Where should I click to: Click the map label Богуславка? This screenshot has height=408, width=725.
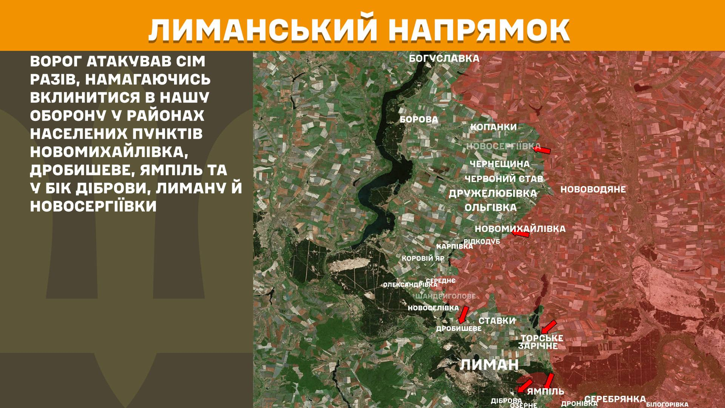click(x=444, y=59)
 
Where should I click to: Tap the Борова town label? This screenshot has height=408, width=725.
click(x=419, y=120)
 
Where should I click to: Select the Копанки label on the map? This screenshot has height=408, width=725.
click(x=493, y=127)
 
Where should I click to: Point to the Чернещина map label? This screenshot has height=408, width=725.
click(x=500, y=164)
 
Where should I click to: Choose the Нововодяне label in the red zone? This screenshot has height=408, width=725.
click(x=593, y=189)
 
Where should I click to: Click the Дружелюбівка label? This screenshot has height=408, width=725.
click(x=492, y=193)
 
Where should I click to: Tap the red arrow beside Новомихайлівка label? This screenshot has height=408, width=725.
click(x=520, y=234)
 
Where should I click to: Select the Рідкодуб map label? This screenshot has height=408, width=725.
click(x=482, y=241)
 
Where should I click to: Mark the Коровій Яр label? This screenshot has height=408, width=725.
click(x=423, y=259)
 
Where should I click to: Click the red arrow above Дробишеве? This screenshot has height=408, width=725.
click(x=463, y=314)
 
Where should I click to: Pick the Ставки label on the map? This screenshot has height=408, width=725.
click(x=497, y=321)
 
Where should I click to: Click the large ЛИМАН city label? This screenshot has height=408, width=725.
click(x=489, y=365)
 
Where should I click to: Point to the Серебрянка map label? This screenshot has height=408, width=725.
click(x=615, y=399)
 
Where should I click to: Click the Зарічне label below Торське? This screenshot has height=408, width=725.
click(x=538, y=346)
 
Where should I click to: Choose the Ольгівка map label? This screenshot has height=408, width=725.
click(x=491, y=207)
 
